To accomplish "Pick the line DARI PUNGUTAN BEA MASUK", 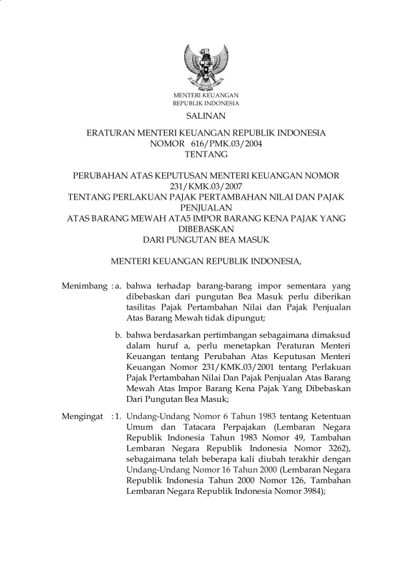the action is (207, 238).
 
